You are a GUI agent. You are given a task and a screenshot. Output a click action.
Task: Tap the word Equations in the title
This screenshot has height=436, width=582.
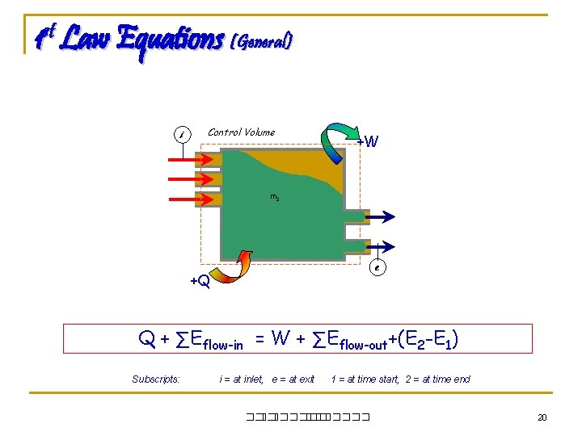coord(170,40)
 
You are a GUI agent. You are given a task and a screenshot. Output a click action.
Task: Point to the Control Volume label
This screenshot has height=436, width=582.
coord(241,132)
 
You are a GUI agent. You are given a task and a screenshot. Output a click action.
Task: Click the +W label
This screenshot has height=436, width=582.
coord(368,143)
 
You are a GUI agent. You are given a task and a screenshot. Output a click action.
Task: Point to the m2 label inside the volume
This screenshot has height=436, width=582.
coord(275,198)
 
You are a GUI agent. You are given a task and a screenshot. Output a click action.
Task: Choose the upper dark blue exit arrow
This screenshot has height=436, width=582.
coord(377,216)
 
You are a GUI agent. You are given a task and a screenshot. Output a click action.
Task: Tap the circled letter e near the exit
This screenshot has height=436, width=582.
coord(377,267)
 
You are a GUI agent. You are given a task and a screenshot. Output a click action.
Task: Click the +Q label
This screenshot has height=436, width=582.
coord(200,282)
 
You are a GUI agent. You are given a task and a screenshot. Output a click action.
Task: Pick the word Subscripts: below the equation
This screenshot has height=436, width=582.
coord(155,379)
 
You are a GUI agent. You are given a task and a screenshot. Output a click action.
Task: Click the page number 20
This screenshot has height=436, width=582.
coord(542,417)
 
